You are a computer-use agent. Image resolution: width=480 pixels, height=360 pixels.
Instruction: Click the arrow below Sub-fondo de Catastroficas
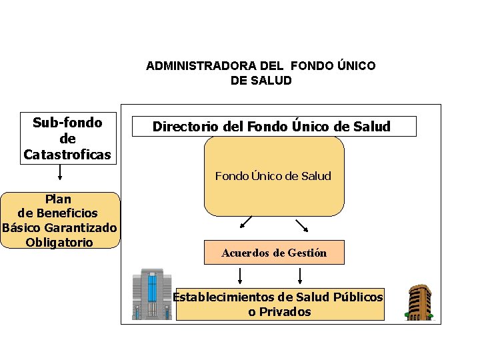click(x=61, y=173)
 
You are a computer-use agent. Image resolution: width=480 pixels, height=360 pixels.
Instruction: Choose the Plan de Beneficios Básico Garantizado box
click(x=60, y=220)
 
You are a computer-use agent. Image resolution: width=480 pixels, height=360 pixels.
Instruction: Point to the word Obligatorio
click(x=59, y=242)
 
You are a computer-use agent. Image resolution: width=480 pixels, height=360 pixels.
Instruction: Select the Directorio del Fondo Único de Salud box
click(x=274, y=126)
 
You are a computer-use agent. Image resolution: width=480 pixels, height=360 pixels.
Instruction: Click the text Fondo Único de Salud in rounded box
click(x=273, y=176)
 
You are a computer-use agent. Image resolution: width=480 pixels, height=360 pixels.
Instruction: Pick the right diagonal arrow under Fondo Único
click(x=301, y=224)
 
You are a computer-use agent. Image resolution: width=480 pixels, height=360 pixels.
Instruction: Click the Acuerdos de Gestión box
click(x=274, y=253)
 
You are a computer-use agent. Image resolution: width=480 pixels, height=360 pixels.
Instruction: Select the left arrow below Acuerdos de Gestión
click(x=240, y=275)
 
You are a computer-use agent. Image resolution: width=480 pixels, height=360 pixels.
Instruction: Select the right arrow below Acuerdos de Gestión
click(x=301, y=275)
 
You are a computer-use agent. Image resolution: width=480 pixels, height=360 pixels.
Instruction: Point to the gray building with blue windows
click(x=152, y=294)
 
